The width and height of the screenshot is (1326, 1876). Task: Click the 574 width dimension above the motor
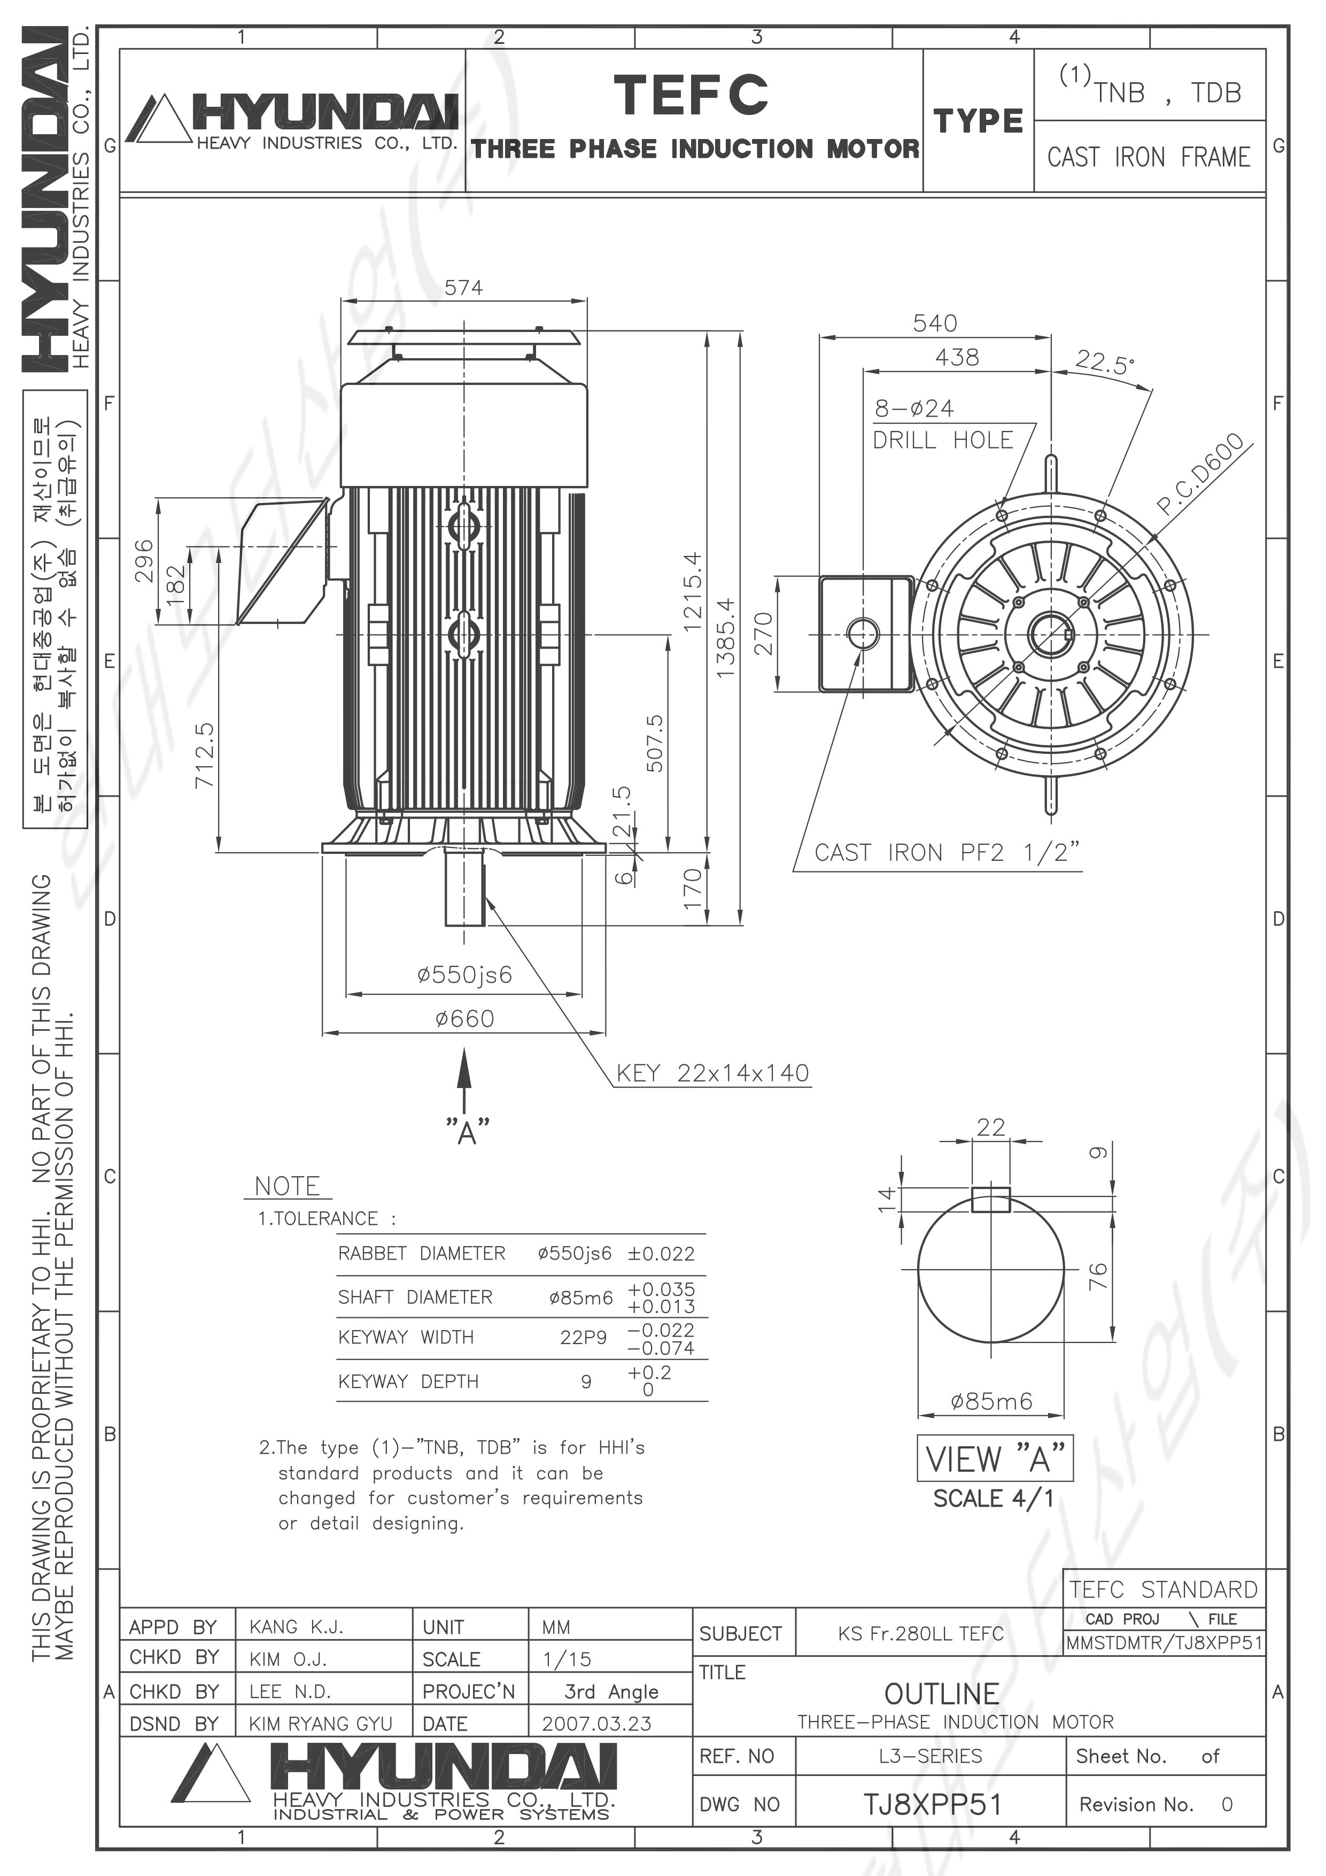click(463, 288)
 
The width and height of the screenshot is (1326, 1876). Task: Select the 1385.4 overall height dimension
click(725, 637)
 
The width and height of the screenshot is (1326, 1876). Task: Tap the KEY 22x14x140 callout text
click(712, 1073)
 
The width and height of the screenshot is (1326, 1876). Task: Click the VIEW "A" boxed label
click(995, 1458)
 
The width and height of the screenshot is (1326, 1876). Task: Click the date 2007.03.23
click(596, 1724)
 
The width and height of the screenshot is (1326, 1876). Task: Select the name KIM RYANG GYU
click(321, 1724)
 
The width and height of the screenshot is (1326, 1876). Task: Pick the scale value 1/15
click(567, 1659)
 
